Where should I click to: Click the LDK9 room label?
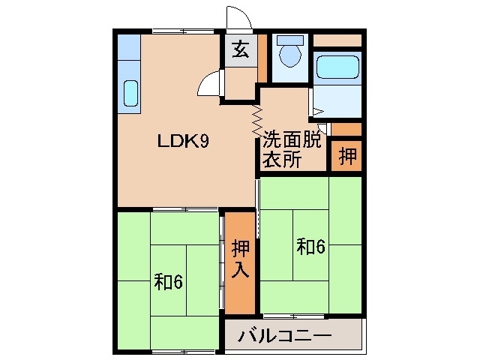point(182,140)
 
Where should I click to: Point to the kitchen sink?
point(130,93)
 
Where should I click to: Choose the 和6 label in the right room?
point(310,247)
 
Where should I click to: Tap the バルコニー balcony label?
point(285,334)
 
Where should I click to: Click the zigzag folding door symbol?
point(256,119)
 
